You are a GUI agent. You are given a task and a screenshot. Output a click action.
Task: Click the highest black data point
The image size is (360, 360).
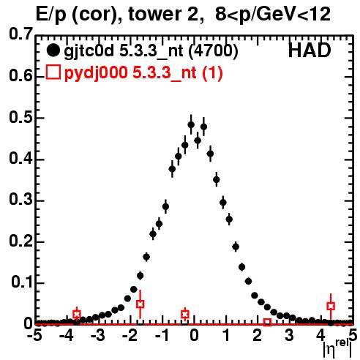pos(191,125)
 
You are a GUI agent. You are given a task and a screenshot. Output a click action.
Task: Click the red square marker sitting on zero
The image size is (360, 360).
pos(267,322)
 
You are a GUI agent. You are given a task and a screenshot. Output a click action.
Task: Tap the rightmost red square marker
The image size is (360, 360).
pos(331,306)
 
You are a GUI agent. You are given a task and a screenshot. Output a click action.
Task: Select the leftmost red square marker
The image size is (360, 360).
pos(77,314)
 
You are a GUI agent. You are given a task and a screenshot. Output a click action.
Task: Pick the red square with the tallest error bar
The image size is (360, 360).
pos(140,304)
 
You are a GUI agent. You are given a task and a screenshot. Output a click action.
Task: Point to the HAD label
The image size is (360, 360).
pos(310,50)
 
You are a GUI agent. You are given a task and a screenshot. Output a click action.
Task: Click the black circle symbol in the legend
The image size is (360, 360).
pos(53,50)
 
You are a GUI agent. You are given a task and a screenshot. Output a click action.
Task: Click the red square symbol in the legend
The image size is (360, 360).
pos(53,72)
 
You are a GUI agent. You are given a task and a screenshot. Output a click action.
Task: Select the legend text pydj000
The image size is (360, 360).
pos(96,73)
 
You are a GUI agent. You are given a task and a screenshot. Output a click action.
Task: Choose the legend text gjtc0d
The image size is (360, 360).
pos(89,51)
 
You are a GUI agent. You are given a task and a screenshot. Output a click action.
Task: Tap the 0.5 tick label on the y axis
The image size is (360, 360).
pos(20,118)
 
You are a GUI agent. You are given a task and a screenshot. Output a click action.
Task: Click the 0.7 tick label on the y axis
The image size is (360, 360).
pos(20,34)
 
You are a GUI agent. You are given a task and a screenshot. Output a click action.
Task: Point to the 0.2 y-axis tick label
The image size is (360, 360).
pos(20,241)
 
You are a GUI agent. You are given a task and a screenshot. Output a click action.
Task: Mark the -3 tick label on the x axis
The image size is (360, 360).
pos(98,335)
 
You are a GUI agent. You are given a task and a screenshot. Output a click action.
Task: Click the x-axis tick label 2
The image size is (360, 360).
pos(257,335)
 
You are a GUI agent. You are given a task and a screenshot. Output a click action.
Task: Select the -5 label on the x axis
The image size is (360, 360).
pos(34,335)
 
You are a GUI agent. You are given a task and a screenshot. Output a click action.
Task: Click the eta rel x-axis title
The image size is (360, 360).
pos(337,348)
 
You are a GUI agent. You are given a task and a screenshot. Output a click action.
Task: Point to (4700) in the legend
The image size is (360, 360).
pos(213,51)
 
